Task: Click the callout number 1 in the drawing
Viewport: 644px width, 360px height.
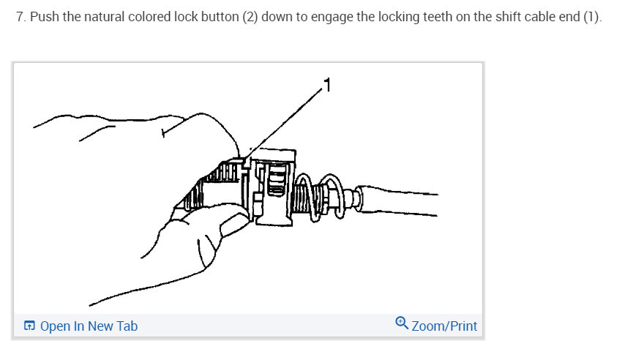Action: pos(327,86)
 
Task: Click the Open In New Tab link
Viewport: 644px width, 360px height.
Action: pos(89,326)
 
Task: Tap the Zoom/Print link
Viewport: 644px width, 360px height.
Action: pos(444,326)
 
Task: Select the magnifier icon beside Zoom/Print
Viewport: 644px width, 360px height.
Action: pos(402,323)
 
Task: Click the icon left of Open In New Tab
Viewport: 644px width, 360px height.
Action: pos(29,326)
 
